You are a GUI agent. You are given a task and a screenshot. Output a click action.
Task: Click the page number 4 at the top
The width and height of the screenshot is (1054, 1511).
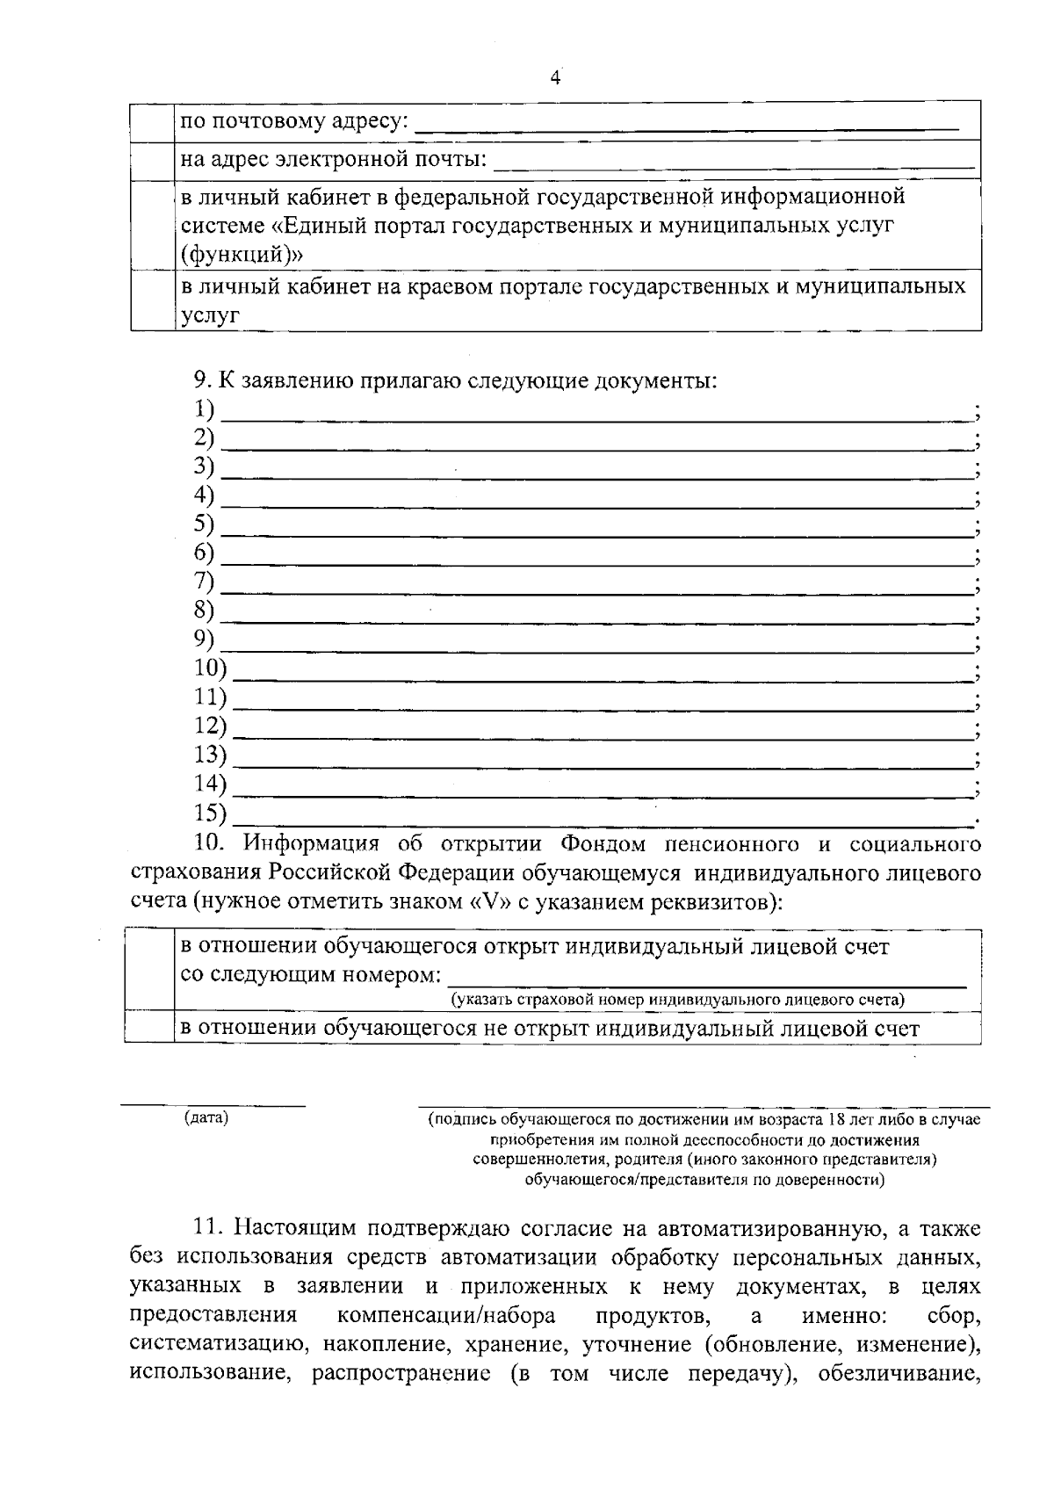554,78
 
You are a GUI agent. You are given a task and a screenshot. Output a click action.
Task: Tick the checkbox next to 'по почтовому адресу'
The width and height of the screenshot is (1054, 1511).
152,120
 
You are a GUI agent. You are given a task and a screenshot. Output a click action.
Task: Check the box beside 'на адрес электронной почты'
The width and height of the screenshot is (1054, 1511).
152,159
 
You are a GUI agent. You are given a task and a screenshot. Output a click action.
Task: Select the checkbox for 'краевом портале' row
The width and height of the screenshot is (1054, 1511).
152,300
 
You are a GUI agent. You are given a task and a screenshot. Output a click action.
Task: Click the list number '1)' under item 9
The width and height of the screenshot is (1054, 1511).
204,408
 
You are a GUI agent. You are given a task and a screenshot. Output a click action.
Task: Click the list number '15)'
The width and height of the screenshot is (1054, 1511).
210,813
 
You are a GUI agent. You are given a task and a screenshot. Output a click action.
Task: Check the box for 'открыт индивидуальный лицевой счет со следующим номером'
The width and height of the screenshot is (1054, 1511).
149,969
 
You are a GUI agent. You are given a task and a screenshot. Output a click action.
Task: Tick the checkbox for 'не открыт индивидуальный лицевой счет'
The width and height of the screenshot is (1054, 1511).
149,1027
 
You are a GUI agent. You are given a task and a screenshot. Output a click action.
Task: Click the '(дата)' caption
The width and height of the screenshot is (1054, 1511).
206,1117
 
